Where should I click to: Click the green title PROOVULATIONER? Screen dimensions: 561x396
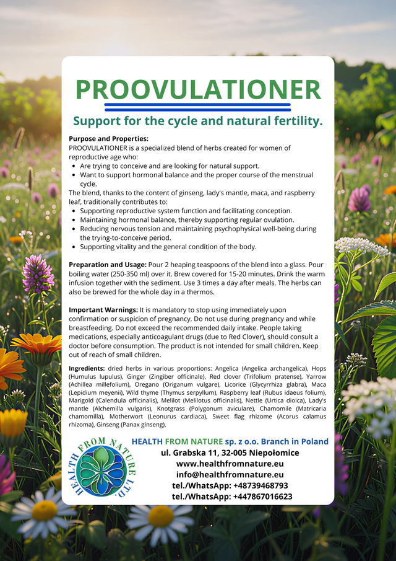(x=198, y=89)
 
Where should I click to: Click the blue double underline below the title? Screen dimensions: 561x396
(x=198, y=107)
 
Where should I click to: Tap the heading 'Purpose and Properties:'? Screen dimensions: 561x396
(x=108, y=139)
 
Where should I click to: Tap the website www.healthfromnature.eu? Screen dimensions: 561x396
(x=230, y=463)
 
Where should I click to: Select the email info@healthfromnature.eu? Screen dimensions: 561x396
(x=230, y=474)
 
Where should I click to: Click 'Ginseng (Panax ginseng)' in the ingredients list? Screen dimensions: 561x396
(x=140, y=425)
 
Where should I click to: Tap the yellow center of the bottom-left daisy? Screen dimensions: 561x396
(x=44, y=510)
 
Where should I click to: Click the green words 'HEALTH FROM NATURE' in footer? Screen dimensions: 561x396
(x=177, y=441)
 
